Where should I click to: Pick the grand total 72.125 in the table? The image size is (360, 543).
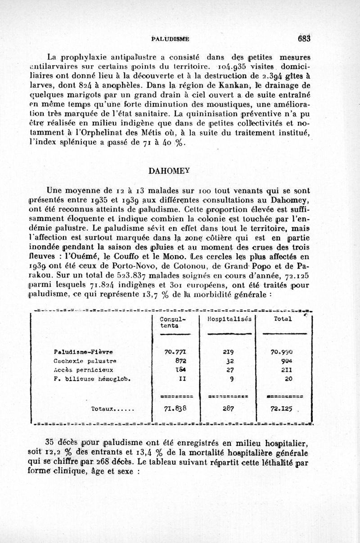(x=282, y=410)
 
